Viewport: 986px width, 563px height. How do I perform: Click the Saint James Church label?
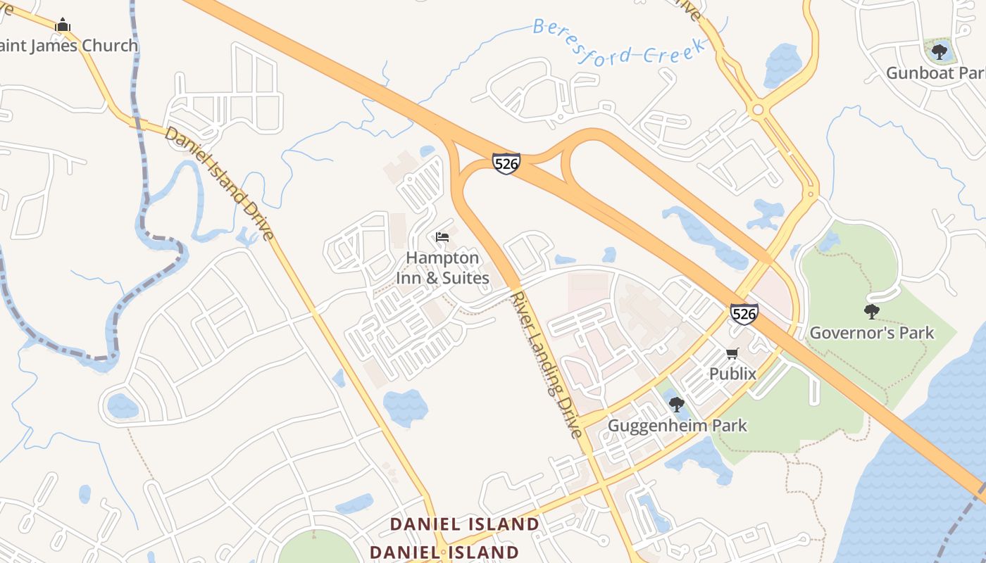point(69,46)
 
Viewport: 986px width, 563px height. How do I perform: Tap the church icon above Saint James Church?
point(63,25)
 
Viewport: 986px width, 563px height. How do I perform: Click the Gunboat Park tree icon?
point(939,51)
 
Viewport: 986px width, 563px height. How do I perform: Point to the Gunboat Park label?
point(935,73)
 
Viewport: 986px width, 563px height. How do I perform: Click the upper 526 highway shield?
point(506,163)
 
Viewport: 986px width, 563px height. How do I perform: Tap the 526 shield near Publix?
point(744,313)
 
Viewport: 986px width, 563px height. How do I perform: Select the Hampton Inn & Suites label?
point(442,268)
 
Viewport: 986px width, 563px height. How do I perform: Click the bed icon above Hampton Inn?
point(442,237)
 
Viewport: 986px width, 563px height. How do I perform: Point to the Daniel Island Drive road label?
point(219,183)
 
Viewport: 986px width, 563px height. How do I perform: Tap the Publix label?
point(732,374)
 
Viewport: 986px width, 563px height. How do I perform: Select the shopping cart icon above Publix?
point(732,353)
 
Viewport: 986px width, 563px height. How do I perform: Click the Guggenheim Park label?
point(677,426)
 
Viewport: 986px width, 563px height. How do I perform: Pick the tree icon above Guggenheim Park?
point(676,405)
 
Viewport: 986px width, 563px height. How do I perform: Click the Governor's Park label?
point(872,333)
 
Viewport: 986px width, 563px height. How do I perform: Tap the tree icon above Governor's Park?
point(871,311)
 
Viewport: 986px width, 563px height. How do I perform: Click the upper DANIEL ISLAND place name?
point(464,524)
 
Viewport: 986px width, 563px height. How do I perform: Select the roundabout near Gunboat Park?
point(758,110)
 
